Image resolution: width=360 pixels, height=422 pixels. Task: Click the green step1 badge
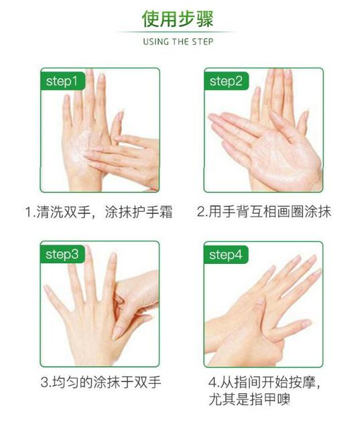point(63,81)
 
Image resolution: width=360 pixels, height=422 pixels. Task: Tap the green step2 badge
point(227,81)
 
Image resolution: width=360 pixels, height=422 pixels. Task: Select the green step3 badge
point(63,254)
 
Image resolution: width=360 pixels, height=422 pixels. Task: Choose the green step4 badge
point(226,255)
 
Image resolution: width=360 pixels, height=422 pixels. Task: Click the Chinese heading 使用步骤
point(178,19)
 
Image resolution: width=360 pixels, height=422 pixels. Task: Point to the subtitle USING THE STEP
point(178,42)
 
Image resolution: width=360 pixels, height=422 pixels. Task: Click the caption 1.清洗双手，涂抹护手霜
point(99,212)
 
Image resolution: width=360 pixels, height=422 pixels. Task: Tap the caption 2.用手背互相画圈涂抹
point(264,212)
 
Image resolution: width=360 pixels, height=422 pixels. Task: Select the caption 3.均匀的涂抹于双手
point(101,382)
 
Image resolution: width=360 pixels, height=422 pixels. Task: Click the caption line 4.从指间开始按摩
point(264,382)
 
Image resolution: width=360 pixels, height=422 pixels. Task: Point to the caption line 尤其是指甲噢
point(249,399)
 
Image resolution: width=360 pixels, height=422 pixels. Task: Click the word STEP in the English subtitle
point(202,42)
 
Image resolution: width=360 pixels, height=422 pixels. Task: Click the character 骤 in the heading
point(205,19)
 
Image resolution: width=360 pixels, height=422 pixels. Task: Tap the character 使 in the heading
point(151,19)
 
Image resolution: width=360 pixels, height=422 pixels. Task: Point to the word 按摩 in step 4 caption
point(302,382)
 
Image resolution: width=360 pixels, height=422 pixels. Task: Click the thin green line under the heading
point(176,32)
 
